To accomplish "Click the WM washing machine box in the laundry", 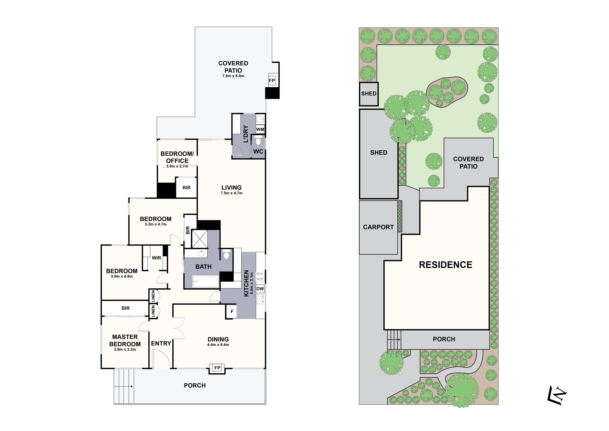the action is (x=260, y=129).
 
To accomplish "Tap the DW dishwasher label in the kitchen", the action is (x=260, y=289).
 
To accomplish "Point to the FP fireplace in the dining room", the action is (x=217, y=368).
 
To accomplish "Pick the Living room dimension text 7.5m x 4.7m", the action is (x=232, y=193).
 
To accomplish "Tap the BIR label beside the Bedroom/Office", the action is (x=186, y=188).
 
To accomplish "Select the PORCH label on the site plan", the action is (x=444, y=339).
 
